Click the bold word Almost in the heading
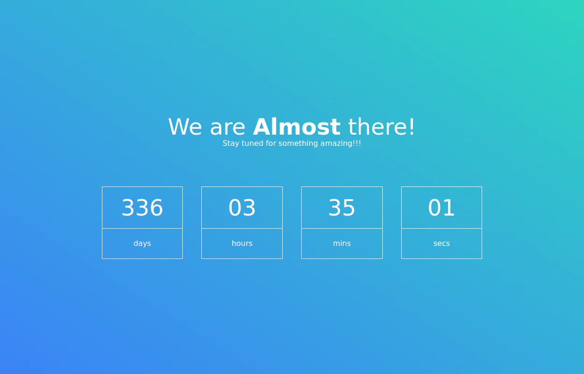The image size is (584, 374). point(297,127)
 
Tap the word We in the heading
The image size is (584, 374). point(185,127)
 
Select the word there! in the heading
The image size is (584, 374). point(381,127)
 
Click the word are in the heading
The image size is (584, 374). point(228,129)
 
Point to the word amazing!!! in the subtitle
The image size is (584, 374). point(341,143)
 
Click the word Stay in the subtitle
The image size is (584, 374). point(231,144)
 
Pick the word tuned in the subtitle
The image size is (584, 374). point(252,143)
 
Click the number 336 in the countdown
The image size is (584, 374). point(142,208)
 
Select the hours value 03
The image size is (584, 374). point(242,208)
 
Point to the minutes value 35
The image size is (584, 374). point(342,208)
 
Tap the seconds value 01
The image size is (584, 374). point(442,208)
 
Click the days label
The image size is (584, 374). point(142,244)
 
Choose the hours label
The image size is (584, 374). point(242,243)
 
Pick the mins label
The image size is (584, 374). point(342,243)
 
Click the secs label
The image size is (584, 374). point(442,244)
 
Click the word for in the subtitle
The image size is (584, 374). point(271,143)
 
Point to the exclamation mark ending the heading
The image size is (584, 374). point(412,127)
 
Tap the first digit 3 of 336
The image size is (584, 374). point(128,208)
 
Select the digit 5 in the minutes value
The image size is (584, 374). point(349,208)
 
